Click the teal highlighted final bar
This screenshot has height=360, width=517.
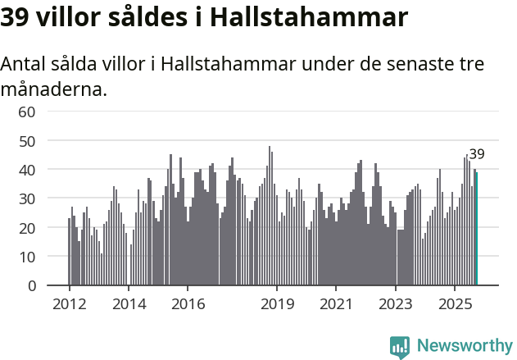pos(476,229)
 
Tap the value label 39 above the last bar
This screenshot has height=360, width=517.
pos(476,154)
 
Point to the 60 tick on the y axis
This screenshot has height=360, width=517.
pos(27,112)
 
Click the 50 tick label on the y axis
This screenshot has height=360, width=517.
pos(27,141)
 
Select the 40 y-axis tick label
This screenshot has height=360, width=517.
pos(27,170)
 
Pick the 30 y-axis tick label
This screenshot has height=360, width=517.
pos(27,198)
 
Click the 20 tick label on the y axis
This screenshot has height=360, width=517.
pos(27,228)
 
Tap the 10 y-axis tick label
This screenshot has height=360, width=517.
pos(27,257)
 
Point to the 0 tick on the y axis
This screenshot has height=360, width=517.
pos(31,286)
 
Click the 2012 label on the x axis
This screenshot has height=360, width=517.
pos(69,304)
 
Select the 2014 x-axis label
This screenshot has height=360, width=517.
pos(129,304)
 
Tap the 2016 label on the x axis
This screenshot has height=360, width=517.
pos(188,304)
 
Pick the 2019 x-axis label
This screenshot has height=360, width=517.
pos(277,304)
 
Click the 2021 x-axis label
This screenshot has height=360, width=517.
pos(336,304)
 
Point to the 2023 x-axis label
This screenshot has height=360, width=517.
pos(396,304)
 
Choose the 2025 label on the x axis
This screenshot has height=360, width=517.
pos(455,304)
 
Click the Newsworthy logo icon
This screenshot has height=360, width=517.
pos(400,347)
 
